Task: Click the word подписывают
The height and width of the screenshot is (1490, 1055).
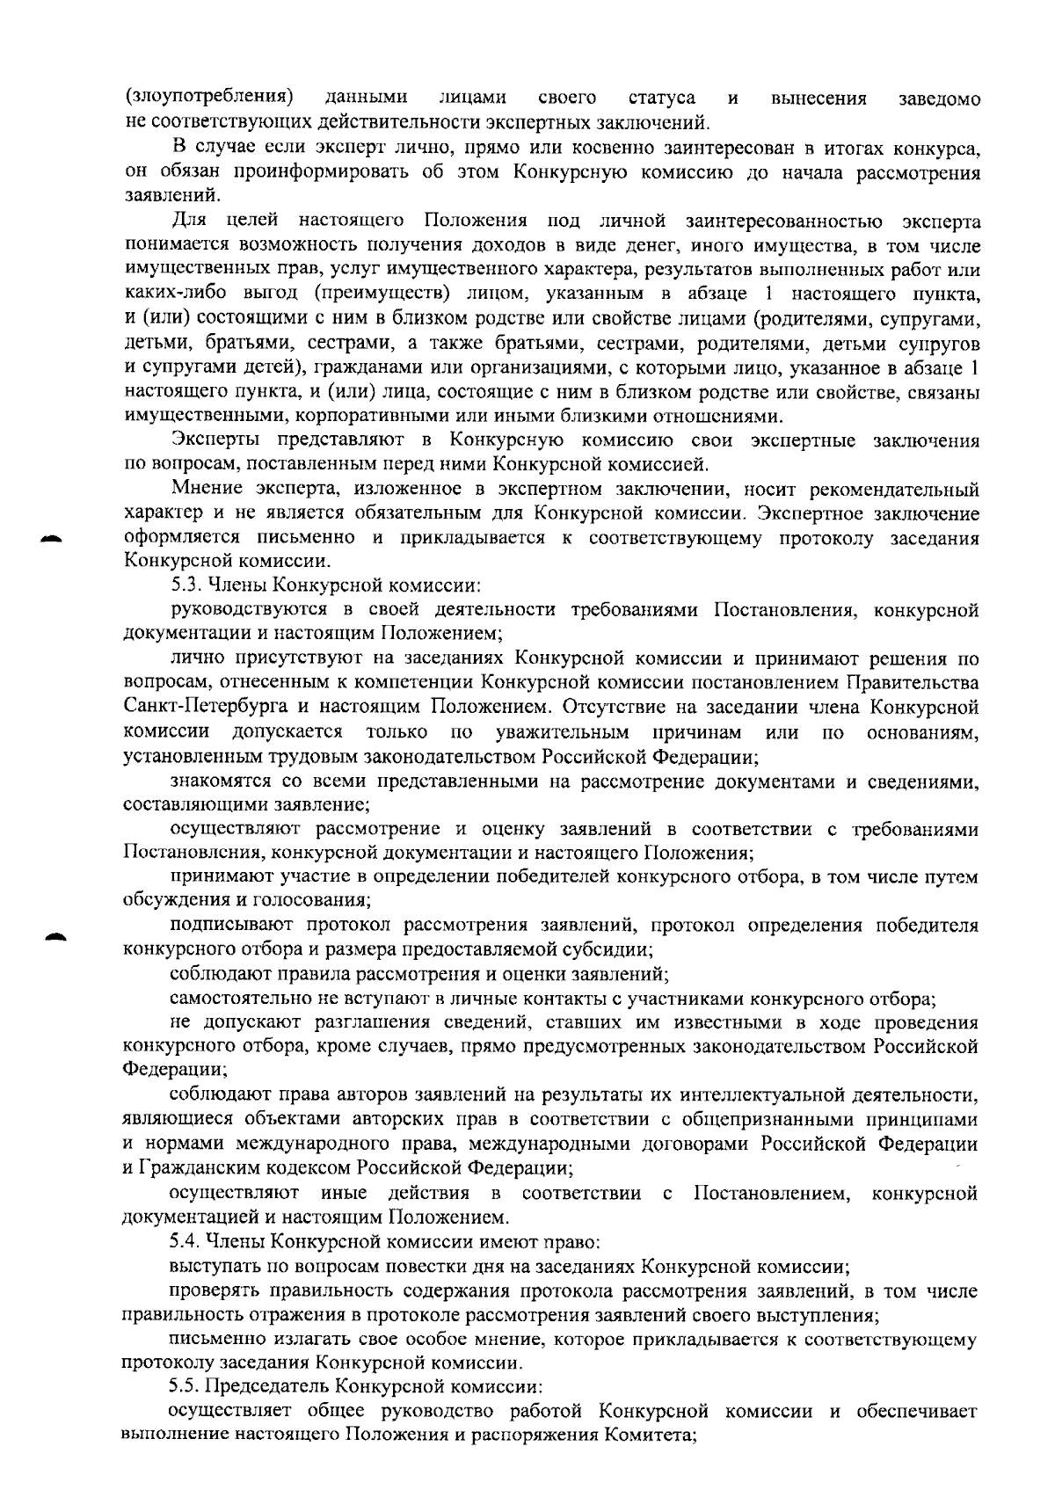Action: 226,926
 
